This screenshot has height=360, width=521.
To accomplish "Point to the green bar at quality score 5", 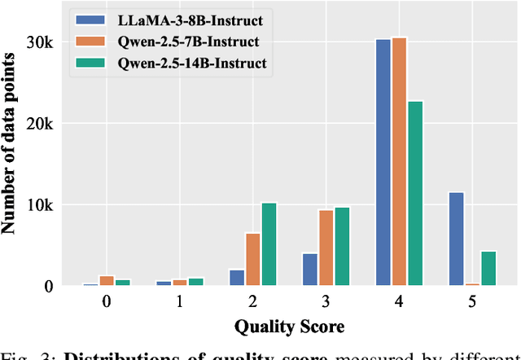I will point(489,268).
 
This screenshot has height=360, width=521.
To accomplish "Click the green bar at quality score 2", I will point(269,244).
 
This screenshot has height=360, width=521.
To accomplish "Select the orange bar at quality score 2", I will point(253,259).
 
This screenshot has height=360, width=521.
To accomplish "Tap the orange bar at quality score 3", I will point(326,248).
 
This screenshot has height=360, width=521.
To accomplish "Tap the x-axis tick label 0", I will point(106,301).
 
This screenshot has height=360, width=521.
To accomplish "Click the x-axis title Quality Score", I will point(289,327).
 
